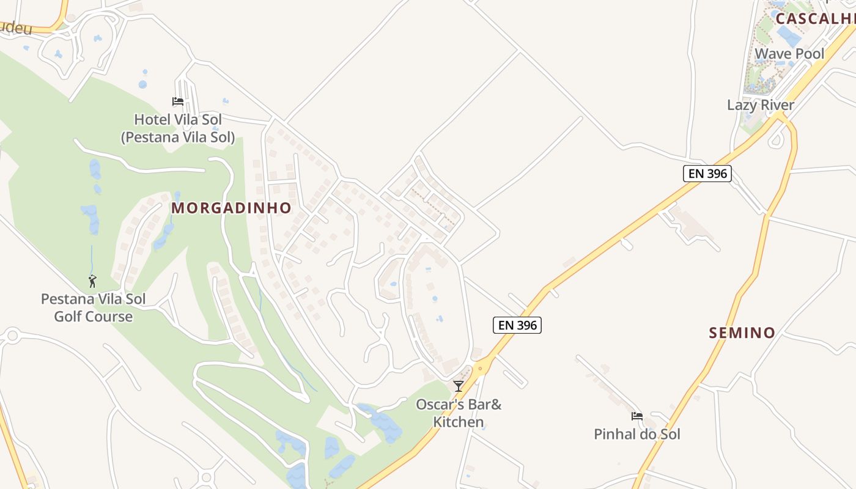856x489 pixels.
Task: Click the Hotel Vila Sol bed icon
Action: (178, 101)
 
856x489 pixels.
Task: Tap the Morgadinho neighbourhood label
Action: (231, 208)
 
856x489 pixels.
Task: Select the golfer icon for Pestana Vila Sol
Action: (92, 281)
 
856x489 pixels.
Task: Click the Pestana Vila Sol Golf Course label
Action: (93, 307)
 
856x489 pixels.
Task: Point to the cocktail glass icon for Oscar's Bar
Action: (459, 386)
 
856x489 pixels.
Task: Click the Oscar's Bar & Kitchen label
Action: (459, 413)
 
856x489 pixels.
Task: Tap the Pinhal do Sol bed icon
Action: (637, 416)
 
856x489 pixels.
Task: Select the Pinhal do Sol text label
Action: (637, 434)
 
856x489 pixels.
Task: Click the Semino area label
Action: (742, 333)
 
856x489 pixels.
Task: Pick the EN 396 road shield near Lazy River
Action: (707, 174)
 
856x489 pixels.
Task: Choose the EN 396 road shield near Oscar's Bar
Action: (517, 325)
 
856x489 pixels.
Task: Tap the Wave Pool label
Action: (789, 54)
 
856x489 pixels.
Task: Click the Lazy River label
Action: (761, 105)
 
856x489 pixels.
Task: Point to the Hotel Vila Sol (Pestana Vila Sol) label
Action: (178, 128)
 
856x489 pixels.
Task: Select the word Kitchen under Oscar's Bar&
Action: (459, 422)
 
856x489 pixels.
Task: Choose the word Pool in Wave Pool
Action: (810, 54)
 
